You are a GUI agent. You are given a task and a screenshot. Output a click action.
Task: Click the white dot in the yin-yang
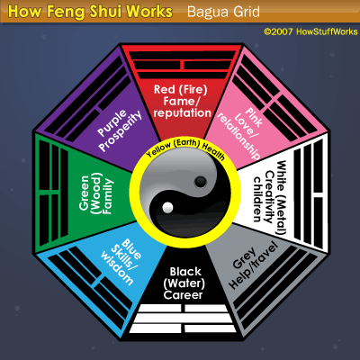pyautogui.click(x=167, y=207)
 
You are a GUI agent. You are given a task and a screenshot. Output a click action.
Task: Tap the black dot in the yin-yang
pyautogui.click(x=201, y=182)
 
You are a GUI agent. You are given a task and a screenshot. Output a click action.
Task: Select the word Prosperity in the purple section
pyautogui.click(x=121, y=131)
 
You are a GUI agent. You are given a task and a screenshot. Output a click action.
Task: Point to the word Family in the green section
pyautogui.click(x=107, y=196)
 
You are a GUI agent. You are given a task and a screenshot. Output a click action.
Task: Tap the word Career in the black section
pyautogui.click(x=183, y=295)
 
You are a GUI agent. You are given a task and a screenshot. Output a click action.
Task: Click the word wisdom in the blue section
pyautogui.click(x=117, y=268)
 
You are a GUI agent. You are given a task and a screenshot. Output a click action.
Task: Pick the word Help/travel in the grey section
pyautogui.click(x=254, y=267)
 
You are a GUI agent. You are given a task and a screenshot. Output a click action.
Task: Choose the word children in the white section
pyautogui.click(x=257, y=199)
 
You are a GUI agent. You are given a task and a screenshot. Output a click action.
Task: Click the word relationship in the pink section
pyautogui.click(x=238, y=136)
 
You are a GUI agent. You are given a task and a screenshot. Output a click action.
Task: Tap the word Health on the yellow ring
pyautogui.click(x=213, y=152)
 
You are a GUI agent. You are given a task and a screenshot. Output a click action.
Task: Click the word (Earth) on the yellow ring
pyautogui.click(x=187, y=143)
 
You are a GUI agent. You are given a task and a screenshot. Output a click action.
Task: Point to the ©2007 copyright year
pyautogui.click(x=278, y=31)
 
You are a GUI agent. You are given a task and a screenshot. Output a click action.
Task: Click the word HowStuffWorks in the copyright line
pyautogui.click(x=327, y=31)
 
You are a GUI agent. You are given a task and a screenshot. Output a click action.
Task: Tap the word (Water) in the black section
pyautogui.click(x=184, y=283)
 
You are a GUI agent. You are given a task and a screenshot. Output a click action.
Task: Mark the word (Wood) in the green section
pyautogui.click(x=95, y=193)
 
